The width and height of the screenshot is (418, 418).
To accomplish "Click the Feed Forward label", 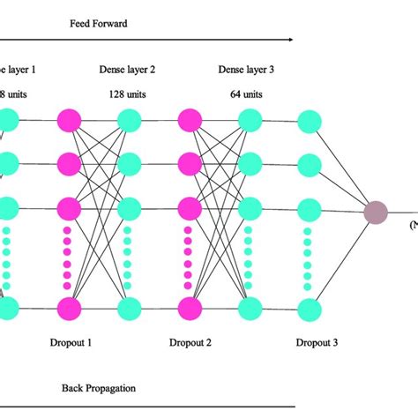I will click(x=99, y=24).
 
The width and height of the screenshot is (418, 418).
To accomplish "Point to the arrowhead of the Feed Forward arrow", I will click(x=290, y=39).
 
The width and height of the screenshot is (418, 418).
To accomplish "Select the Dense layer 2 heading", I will click(x=129, y=69).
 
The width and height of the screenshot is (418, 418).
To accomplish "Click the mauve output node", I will click(x=376, y=213).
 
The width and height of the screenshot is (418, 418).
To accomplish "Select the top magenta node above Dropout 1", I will click(x=69, y=119).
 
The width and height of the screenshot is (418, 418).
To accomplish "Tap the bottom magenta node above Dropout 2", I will click(x=190, y=308).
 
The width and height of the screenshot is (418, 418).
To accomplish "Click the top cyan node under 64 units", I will click(x=250, y=119).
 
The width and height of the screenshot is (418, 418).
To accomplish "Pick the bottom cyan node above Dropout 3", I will click(x=309, y=308).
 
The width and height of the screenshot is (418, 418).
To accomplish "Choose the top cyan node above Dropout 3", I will click(x=309, y=119).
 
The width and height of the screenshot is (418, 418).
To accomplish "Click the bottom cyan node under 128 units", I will click(x=129, y=308).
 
